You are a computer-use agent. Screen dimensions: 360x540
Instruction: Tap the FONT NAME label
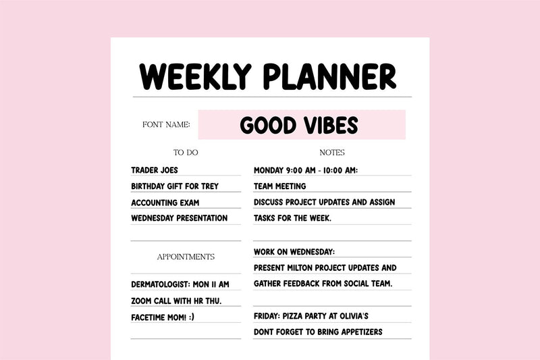pos(166,125)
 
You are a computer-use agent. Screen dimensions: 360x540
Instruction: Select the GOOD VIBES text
pos(299,125)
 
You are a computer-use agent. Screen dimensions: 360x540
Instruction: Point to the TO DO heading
pos(186,153)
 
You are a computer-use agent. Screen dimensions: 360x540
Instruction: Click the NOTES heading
pos(332,153)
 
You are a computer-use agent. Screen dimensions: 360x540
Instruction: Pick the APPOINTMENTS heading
pos(186,257)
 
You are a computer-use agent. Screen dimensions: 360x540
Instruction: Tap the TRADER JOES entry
pos(155,170)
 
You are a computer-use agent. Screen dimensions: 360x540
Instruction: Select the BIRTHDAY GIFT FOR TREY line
pos(175,186)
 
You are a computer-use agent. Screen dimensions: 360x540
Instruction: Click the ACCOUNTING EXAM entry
pos(165,203)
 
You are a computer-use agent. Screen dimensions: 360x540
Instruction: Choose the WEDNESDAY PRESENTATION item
pos(179,218)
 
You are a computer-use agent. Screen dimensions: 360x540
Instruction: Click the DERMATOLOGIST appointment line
pos(180,284)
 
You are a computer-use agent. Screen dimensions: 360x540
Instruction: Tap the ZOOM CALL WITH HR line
pos(176,301)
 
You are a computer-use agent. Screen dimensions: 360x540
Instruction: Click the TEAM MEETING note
pos(279,186)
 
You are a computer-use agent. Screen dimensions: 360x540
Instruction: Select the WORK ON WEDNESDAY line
pos(294,252)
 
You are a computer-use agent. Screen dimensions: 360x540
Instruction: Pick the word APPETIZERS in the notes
pos(357,332)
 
